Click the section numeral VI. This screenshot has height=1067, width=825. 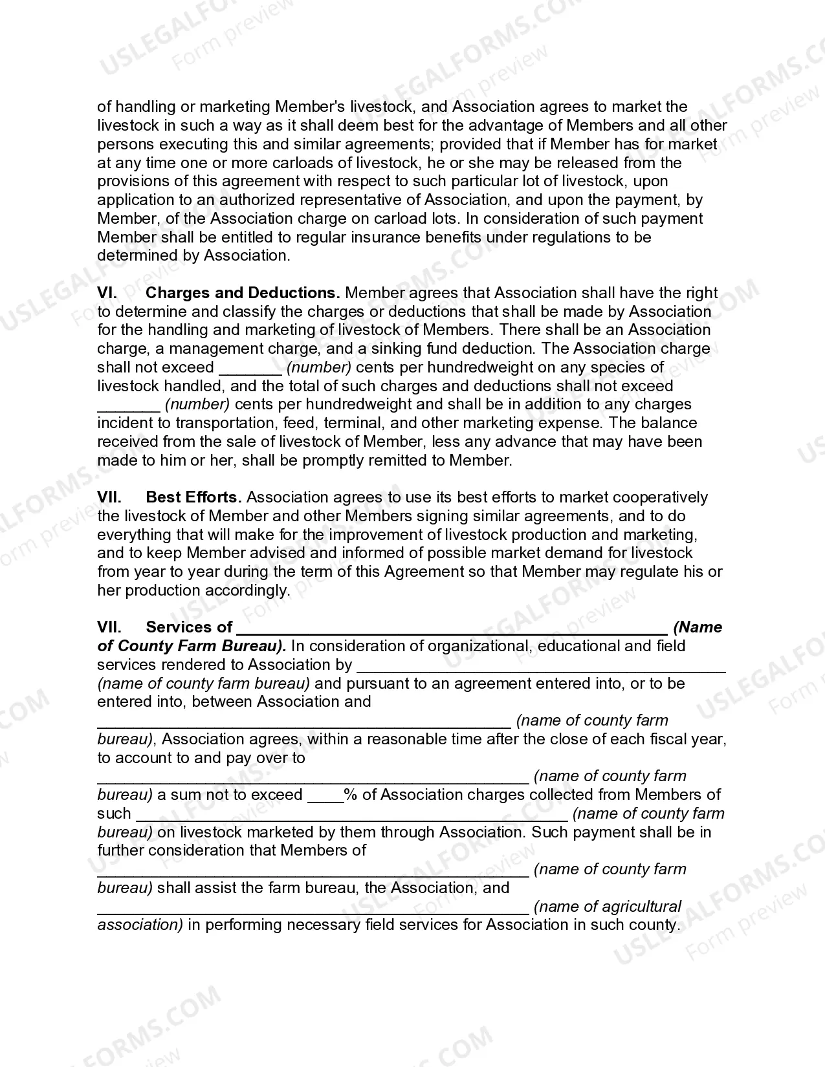point(107,293)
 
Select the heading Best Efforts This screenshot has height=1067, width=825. point(194,497)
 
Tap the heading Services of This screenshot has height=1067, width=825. point(189,627)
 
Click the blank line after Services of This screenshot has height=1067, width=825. point(452,629)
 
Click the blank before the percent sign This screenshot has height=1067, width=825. point(325,797)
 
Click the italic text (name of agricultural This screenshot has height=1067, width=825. point(608,907)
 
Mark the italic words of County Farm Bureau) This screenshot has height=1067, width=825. point(192,646)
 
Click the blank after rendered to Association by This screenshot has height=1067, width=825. point(541,667)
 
